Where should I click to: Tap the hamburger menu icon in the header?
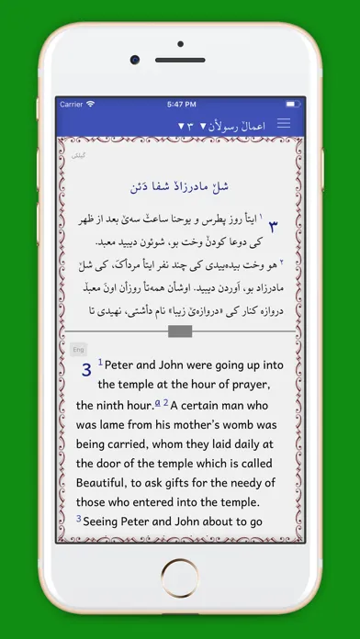pos(284,123)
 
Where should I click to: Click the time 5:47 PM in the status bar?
pos(181,105)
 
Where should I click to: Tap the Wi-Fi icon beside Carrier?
pos(93,105)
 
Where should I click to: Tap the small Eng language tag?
pos(78,349)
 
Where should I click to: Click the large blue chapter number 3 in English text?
pos(86,370)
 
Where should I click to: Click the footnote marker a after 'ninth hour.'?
pos(159,403)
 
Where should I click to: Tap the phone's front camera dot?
pos(135,59)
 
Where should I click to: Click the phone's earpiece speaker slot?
pos(181,59)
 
